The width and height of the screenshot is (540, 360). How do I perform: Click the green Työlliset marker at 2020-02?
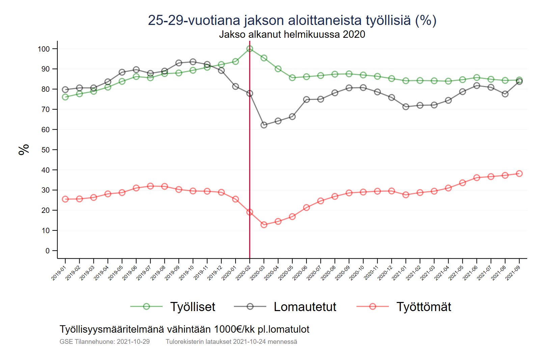click(250, 49)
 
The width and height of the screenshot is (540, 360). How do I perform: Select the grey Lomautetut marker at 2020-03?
click(264, 125)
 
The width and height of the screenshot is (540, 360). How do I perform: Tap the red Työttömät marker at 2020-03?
click(264, 225)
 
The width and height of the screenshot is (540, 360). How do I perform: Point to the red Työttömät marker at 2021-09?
click(519, 174)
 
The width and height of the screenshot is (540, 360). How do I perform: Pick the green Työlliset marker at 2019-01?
click(65, 97)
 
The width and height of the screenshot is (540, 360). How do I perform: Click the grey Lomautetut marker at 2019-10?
click(193, 62)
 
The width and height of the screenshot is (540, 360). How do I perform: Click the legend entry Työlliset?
click(192, 307)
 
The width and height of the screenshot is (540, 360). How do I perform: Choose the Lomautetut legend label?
click(305, 307)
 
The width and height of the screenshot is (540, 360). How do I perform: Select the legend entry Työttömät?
click(424, 307)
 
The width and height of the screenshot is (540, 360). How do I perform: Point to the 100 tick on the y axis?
click(44, 49)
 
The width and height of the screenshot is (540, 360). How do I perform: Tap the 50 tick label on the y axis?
click(46, 150)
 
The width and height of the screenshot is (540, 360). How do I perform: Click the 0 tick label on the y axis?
click(48, 251)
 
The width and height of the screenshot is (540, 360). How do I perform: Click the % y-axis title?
click(24, 149)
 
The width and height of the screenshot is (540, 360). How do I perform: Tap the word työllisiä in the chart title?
click(388, 20)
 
